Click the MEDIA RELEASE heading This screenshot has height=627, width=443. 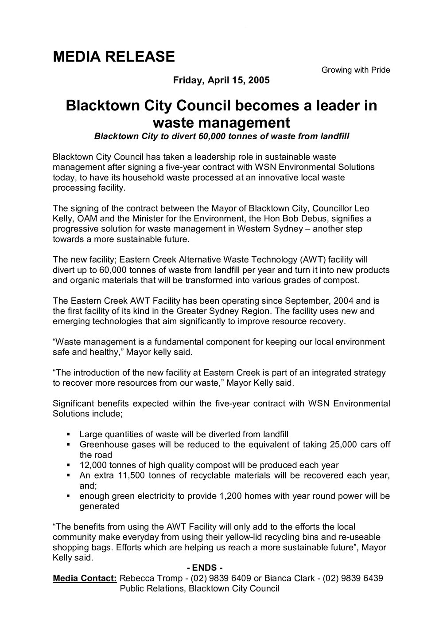click(x=114, y=57)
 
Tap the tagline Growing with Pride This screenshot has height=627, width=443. click(x=356, y=70)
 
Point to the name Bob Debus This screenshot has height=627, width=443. click(x=323, y=219)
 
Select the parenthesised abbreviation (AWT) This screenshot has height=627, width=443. click(x=315, y=259)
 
